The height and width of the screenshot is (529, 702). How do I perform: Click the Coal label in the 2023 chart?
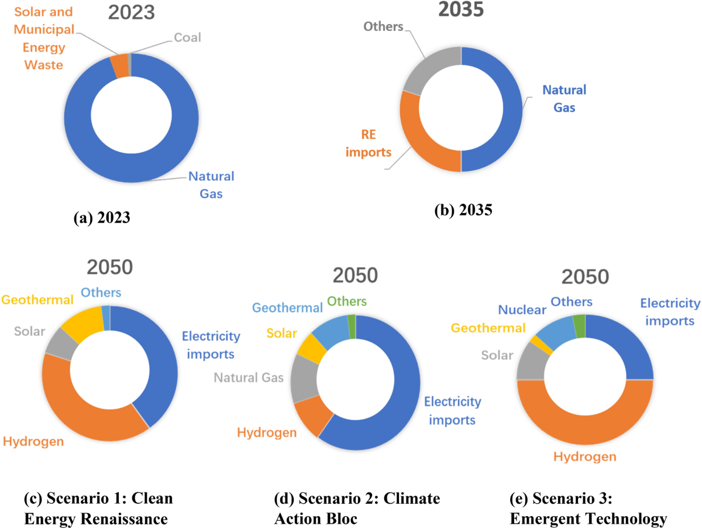tap(187, 38)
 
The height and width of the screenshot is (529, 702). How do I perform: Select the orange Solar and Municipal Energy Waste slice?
tap(121, 65)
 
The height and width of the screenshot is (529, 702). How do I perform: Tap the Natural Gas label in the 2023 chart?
tap(211, 185)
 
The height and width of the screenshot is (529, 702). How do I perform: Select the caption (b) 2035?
tap(463, 211)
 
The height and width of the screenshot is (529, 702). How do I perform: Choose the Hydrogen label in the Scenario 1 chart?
tap(33, 441)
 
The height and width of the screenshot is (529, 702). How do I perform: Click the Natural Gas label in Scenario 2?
tap(249, 377)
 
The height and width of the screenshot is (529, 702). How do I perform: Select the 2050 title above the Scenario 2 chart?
tap(357, 275)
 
